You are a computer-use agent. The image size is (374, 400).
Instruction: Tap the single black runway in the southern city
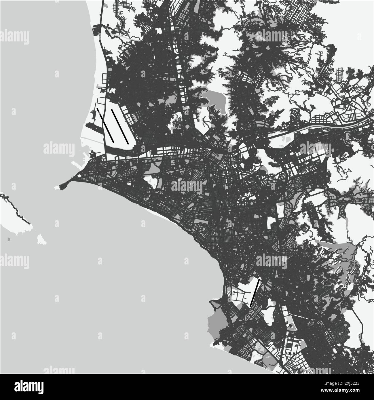pyautogui.click(x=255, y=292)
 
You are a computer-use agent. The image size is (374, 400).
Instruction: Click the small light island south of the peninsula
pyautogui.click(x=41, y=239)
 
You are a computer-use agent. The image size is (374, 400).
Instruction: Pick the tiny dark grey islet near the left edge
pyautogui.click(x=8, y=239)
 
